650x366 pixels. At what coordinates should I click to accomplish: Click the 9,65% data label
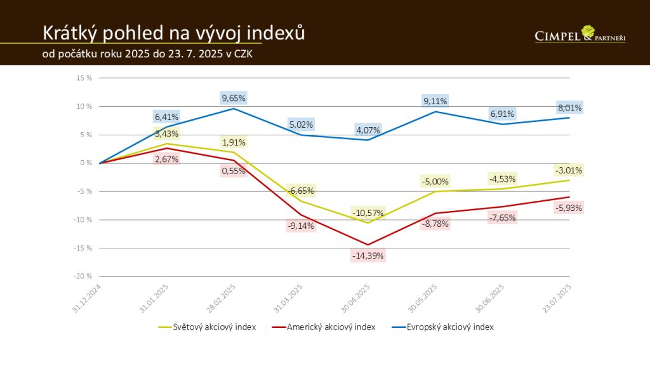coord(234,98)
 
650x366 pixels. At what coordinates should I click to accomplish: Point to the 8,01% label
coord(569,107)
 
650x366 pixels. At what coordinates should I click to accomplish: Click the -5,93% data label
coord(569,207)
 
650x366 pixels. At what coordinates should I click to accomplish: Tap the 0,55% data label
coord(234,170)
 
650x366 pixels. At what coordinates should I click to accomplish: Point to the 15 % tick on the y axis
coord(84,78)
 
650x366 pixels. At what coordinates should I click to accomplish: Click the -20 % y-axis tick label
coord(83,276)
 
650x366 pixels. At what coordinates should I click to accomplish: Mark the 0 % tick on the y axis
coord(86,163)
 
